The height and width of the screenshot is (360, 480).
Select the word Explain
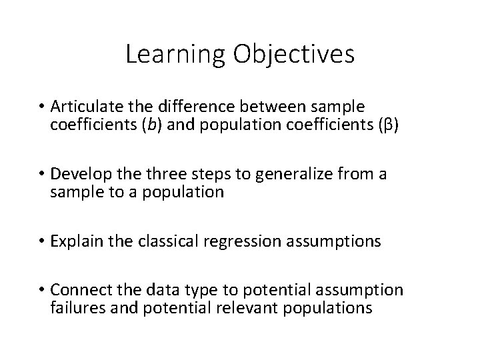click(x=72, y=241)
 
